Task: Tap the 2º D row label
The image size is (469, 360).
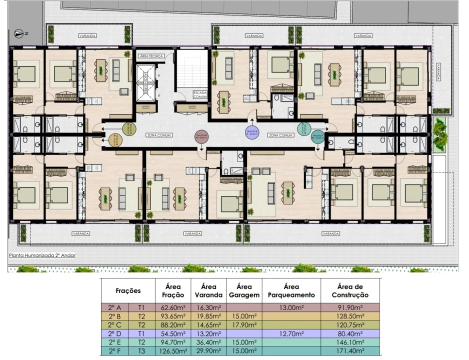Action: pyautogui.click(x=115, y=335)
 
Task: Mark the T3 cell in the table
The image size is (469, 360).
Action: pyautogui.click(x=141, y=352)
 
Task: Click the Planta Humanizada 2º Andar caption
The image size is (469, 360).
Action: pyautogui.click(x=41, y=255)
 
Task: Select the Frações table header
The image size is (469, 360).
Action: pyautogui.click(x=128, y=290)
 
